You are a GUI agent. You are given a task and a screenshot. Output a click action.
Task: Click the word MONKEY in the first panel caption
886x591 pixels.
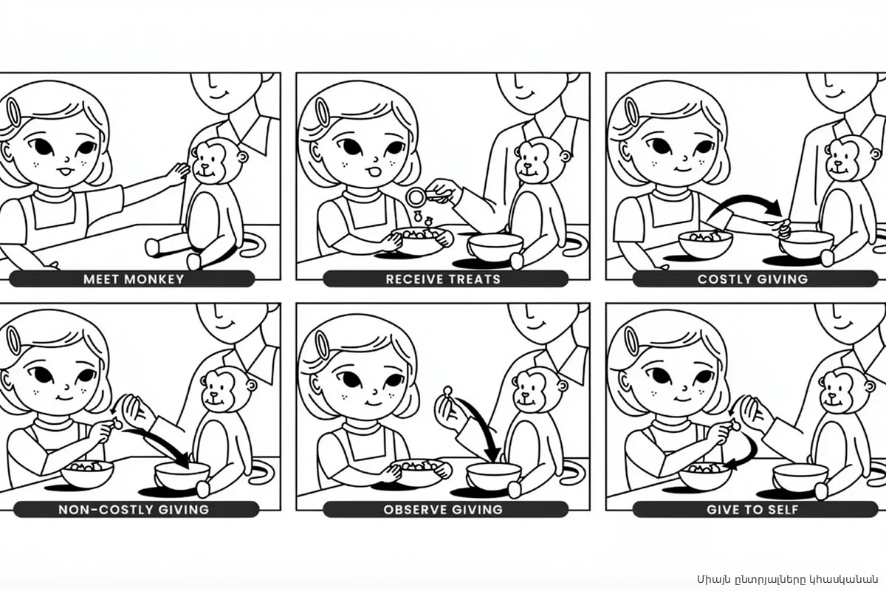pos(154,279)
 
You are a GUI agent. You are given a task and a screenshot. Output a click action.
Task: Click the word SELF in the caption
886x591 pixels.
pos(781,510)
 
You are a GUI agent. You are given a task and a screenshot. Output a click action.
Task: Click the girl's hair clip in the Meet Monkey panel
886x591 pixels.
pos(14,113)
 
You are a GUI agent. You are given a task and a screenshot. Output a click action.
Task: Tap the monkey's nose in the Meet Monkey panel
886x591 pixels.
pos(205,166)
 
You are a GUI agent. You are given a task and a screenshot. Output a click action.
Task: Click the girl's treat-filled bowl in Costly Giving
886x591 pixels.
pos(705,244)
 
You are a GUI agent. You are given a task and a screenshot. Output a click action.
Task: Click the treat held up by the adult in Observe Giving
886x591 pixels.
pos(447,391)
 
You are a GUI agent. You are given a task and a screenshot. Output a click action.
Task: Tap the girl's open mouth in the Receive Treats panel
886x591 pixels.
pos(374,173)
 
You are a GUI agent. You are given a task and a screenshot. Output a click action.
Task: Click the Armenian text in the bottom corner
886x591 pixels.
pos(787,579)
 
